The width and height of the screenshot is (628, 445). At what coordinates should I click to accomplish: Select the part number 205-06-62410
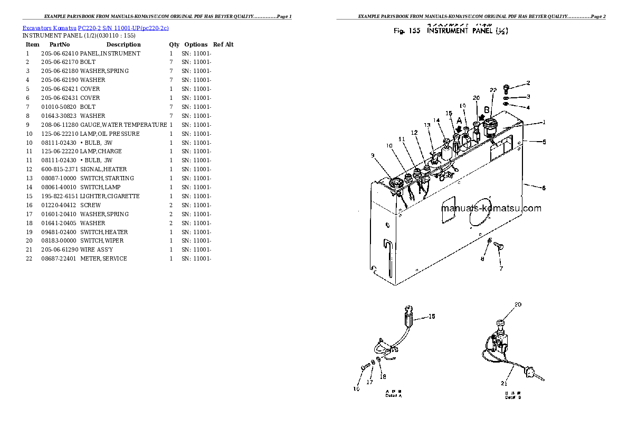tap(59, 53)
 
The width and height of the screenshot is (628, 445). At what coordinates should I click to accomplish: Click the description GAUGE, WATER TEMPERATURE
tap(123, 125)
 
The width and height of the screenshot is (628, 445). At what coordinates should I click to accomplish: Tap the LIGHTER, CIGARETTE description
tap(110, 196)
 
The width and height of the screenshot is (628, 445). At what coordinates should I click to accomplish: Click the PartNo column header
tap(58, 44)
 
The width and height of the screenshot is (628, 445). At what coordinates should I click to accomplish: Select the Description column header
tap(123, 44)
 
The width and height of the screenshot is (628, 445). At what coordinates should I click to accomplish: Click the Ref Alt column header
tap(223, 44)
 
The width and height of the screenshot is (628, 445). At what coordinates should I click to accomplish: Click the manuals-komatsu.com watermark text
tap(491, 208)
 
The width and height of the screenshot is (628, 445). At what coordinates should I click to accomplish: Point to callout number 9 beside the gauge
tap(373, 155)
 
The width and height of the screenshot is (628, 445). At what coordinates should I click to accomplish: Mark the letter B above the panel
tap(487, 110)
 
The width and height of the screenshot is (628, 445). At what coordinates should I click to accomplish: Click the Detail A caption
tap(394, 394)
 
